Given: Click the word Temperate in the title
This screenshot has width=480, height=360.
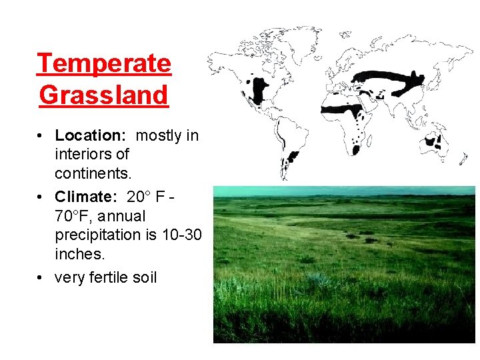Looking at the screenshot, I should pos(104,64).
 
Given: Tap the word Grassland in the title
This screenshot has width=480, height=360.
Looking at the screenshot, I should pos(104,95).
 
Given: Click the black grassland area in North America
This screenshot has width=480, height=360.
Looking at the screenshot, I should pos(255,87).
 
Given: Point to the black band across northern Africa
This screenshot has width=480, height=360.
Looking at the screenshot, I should pos(347,107).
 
